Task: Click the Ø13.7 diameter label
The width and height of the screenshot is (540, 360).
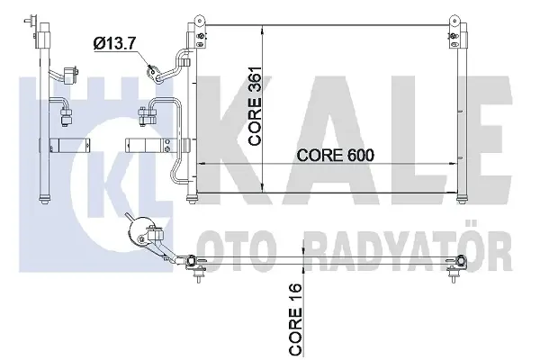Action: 114,44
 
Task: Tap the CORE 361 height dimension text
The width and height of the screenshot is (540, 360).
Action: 256,106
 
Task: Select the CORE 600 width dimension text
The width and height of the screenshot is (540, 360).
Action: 335,156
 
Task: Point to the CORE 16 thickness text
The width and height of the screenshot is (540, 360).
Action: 296,319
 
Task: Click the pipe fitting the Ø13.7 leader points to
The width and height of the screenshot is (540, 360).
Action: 154,73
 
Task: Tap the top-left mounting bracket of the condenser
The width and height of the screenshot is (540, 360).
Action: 200,31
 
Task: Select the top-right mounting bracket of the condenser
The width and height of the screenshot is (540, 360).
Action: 454,31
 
